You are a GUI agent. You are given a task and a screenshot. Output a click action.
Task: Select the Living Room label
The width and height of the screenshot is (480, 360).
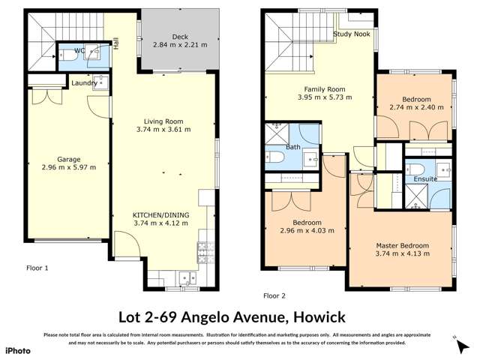click(x=163, y=121)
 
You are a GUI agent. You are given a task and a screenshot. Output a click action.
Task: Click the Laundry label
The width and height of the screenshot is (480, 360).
click(x=83, y=83)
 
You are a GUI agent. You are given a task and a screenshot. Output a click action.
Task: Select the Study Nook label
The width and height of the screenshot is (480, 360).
click(x=352, y=34)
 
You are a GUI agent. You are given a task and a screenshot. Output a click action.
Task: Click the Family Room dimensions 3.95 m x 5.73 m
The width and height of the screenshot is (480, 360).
click(x=319, y=97)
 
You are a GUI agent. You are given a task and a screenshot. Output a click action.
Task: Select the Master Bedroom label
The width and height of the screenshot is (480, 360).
click(x=403, y=245)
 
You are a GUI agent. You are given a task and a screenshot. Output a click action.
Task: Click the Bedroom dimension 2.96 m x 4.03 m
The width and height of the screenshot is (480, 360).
click(x=307, y=231)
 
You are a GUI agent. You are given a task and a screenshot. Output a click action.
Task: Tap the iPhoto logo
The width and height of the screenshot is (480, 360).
click(x=18, y=350)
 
